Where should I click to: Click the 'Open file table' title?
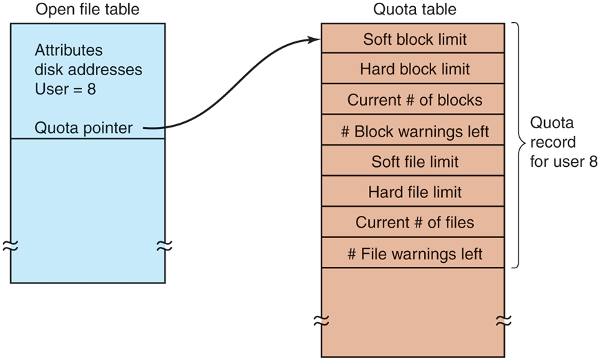coord(88,10)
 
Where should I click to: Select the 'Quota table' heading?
coord(414,10)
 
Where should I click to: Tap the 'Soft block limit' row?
coord(414,39)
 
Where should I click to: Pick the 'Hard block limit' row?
coord(414,69)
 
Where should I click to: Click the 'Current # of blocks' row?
coord(414,100)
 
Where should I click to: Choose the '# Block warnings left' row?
coord(414,131)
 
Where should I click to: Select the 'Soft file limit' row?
coord(414,162)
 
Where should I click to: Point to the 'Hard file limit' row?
coord(414,192)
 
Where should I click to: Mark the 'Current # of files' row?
coord(414,223)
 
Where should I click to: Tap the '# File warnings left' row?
coord(414,254)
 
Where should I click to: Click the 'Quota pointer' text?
coord(83,128)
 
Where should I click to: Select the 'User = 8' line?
coord(65,89)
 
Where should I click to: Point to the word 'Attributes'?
coord(68,51)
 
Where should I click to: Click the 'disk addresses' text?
coord(88,70)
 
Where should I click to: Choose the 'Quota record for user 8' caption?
coord(563,143)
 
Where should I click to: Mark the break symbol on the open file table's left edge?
coord(10,246)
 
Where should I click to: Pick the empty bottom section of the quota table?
coord(414,310)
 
